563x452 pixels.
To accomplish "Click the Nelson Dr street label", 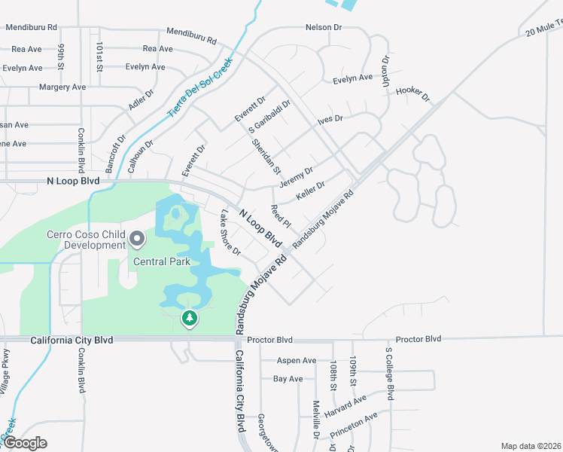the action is click(324, 27).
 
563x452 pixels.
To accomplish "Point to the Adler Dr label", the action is click(141, 98).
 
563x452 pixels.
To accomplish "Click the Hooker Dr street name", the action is click(412, 93).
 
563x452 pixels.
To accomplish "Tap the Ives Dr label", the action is click(330, 119).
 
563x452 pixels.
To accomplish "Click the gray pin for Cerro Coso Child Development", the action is click(137, 240).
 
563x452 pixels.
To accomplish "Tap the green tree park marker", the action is click(190, 319).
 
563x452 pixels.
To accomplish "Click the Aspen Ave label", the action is click(297, 361).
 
